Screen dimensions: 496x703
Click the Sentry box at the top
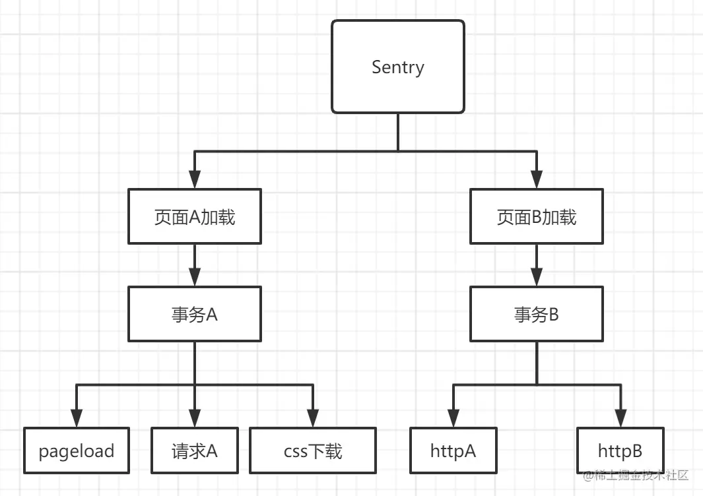[398, 67]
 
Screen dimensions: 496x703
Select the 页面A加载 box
[195, 217]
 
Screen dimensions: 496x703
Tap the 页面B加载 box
[536, 217]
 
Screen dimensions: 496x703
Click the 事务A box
[195, 315]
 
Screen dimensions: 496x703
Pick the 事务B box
[536, 315]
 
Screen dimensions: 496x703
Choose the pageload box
[77, 451]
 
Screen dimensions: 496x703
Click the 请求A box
[194, 451]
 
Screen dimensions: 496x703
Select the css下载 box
[313, 451]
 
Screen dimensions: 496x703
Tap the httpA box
[453, 451]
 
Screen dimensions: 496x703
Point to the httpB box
[620, 451]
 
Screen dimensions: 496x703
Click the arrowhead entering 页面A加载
[195, 179]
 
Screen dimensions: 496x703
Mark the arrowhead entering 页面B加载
[536, 179]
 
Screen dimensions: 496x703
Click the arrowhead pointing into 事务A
[195, 276]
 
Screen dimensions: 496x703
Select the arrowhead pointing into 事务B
[536, 276]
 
